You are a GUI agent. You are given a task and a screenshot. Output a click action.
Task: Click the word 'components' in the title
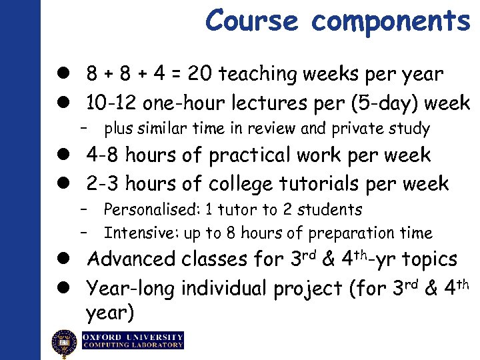391,21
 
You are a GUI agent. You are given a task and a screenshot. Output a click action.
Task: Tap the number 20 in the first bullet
199,74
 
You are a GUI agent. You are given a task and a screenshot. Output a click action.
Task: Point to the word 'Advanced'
131,259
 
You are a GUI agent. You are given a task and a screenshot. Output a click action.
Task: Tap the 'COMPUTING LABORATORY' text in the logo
133,345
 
